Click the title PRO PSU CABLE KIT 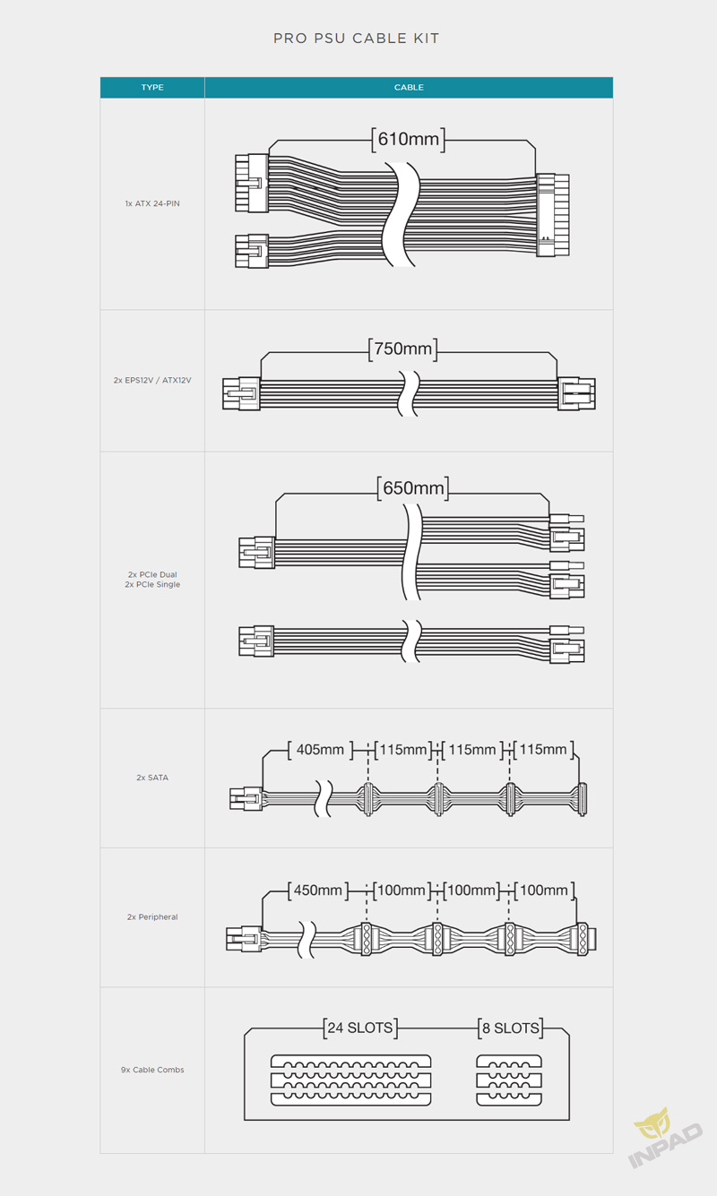(x=357, y=39)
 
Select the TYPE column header (x=152, y=87)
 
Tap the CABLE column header (x=409, y=87)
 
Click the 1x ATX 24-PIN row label (x=152, y=203)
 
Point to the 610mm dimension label (x=409, y=140)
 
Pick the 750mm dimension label (x=403, y=348)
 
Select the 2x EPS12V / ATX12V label (x=152, y=380)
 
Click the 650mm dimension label (x=413, y=488)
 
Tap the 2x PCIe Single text (x=152, y=585)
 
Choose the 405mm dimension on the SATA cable (x=320, y=750)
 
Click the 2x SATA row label (x=152, y=778)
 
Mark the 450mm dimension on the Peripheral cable (x=318, y=891)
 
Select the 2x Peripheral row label (x=152, y=916)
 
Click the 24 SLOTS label (x=360, y=1028)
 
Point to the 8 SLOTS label (x=511, y=1028)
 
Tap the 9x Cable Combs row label (x=152, y=1070)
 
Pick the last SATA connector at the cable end (x=583, y=799)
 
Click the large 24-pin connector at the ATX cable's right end (x=553, y=215)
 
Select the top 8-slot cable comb (x=509, y=1061)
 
